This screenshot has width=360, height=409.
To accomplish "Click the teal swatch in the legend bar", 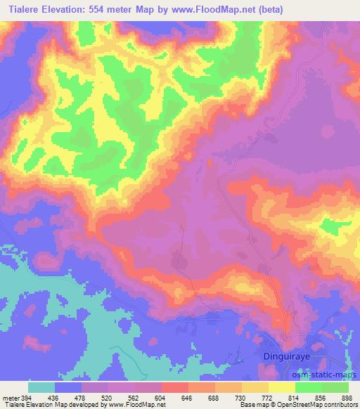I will [x=41, y=387].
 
